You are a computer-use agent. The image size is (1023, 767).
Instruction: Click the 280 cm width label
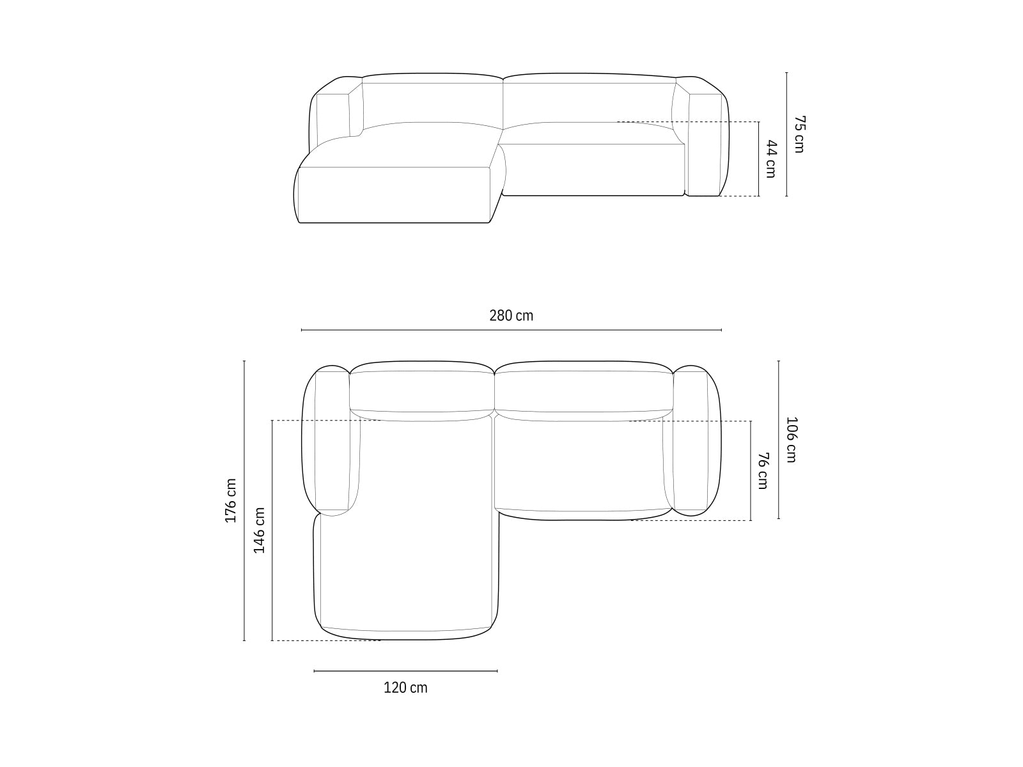point(511,315)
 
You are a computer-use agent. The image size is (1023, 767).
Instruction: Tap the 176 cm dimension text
point(231,501)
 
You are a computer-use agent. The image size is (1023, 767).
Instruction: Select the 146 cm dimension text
point(259,530)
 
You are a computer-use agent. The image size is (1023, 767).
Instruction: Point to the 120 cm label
point(405,688)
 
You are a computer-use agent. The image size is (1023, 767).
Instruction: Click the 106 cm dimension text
point(791,440)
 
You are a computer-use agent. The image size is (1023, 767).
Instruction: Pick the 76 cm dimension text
point(762,470)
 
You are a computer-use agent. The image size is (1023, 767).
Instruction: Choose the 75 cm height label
point(799,134)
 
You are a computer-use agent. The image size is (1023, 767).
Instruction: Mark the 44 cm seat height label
point(770,159)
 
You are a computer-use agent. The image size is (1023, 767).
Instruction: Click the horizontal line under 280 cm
point(511,330)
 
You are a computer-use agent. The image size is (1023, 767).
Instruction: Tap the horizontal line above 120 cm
point(405,671)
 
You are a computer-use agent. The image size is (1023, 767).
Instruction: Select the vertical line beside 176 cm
point(244,501)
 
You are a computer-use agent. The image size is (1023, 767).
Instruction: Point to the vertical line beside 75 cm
point(786,134)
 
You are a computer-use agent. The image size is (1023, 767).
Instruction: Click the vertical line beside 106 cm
point(778,440)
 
